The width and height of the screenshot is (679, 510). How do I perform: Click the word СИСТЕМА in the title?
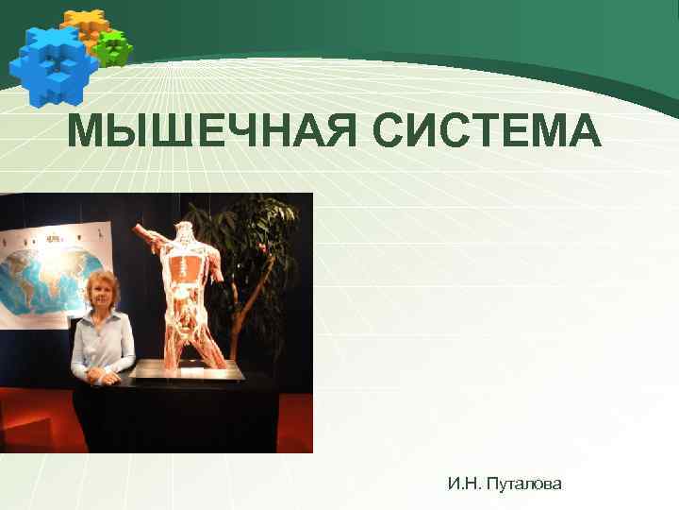[x=487, y=130]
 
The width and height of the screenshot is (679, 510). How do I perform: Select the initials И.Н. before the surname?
[x=466, y=484]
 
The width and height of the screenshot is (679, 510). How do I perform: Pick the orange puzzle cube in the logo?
[x=83, y=25]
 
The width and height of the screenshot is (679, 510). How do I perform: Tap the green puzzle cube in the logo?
[x=114, y=47]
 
